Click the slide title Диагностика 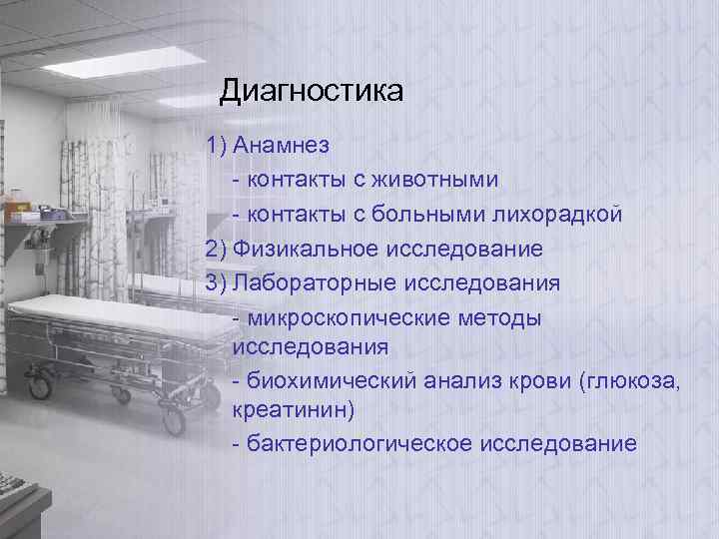(x=312, y=93)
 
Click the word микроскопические (x=356, y=317)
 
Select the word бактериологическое (x=352, y=443)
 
